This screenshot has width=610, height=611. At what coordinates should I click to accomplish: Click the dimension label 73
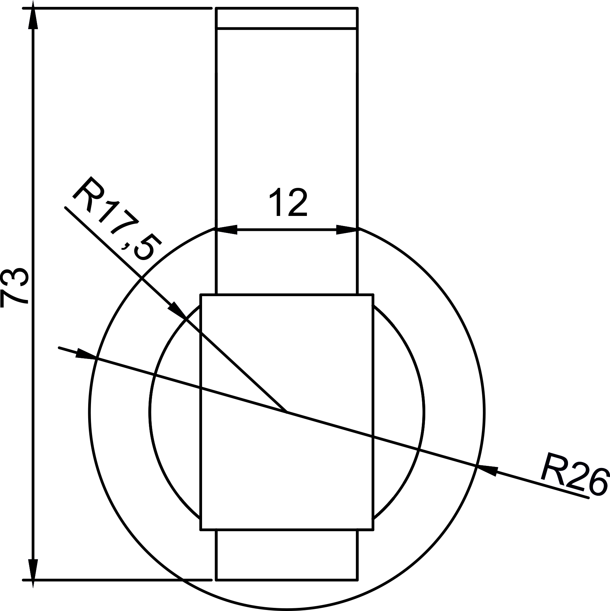pyautogui.click(x=14, y=287)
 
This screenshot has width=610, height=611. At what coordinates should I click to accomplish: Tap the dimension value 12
pyautogui.click(x=288, y=202)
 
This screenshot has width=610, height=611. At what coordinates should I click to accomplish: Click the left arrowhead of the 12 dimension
pyautogui.click(x=226, y=229)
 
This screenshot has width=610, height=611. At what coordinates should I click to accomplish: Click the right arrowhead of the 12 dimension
pyautogui.click(x=347, y=229)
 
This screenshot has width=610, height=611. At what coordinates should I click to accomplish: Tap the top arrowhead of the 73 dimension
pyautogui.click(x=33, y=19)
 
